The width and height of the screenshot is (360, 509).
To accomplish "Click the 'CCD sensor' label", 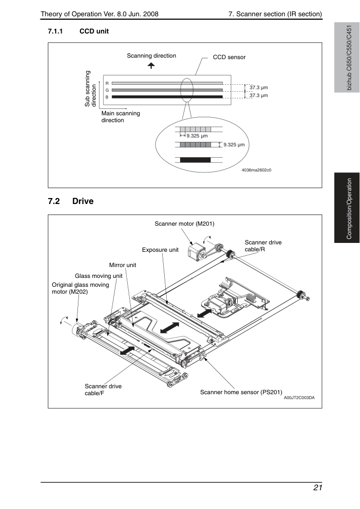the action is [229, 57].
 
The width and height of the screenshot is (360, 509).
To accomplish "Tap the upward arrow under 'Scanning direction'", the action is [151, 65].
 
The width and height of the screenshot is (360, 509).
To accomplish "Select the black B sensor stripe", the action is [167, 97].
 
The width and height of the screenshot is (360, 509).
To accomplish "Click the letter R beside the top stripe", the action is [107, 83].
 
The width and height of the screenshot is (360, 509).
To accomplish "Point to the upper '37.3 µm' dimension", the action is [258, 88].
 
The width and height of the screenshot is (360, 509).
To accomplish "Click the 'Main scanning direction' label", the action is [120, 117].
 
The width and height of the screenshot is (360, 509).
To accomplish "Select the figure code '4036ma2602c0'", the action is [256, 170].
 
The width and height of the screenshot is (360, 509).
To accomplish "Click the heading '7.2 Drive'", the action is [71, 201].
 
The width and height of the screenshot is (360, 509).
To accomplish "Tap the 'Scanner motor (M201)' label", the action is [184, 224].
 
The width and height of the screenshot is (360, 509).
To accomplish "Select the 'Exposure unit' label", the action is [160, 250].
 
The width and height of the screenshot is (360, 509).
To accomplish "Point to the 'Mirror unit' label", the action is [122, 265].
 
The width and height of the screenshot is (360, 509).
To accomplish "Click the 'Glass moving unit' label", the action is [99, 276].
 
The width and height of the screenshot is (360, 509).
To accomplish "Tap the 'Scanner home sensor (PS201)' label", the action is [241, 392].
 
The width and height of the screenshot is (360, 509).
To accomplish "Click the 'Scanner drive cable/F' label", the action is [103, 390].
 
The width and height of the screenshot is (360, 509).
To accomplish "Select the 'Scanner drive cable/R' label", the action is [263, 246].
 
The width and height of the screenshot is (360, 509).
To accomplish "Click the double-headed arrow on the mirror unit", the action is [169, 327].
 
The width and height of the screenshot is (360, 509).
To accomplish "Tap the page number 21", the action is [318, 488].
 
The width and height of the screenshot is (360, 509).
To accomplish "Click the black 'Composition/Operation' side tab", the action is [347, 208].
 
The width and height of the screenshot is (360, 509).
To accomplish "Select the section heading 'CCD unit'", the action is [94, 32].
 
